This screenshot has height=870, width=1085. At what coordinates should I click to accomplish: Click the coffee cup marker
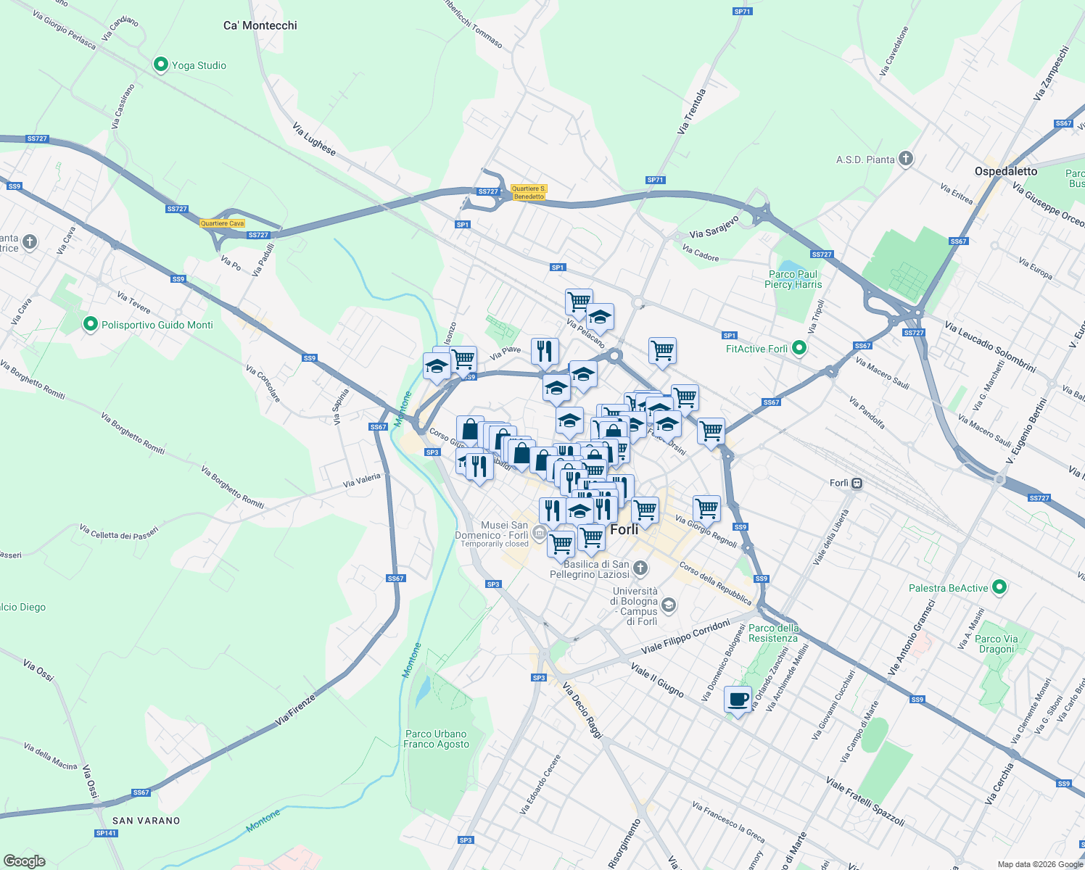738,700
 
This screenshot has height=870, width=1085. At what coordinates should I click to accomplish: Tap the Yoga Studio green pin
161,65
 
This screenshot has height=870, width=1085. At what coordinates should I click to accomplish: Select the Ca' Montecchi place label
260,25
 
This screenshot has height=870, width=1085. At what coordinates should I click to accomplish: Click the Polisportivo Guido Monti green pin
91,324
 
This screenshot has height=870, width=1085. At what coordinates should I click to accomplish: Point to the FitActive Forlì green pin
799,349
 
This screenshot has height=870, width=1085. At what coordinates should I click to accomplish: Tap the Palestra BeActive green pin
999,587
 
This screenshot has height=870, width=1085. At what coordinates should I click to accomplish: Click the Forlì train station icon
857,483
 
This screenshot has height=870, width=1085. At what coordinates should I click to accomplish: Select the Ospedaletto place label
1005,171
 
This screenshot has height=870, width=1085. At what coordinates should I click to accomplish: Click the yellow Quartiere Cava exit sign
223,223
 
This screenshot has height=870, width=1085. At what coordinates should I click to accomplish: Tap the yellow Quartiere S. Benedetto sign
529,192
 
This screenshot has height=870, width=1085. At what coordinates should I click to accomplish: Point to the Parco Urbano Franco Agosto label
436,739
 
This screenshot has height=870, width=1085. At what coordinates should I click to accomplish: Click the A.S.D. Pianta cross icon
905,159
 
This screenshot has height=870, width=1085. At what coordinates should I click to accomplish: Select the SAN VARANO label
146,821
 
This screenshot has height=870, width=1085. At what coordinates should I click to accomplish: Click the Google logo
25,861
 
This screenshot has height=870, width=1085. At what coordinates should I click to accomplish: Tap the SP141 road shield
106,833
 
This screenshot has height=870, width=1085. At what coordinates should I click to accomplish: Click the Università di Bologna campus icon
669,604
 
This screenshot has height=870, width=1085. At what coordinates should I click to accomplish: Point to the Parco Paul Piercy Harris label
793,279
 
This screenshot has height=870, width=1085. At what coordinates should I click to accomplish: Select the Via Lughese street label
314,139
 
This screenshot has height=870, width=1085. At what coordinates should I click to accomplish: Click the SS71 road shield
742,12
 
